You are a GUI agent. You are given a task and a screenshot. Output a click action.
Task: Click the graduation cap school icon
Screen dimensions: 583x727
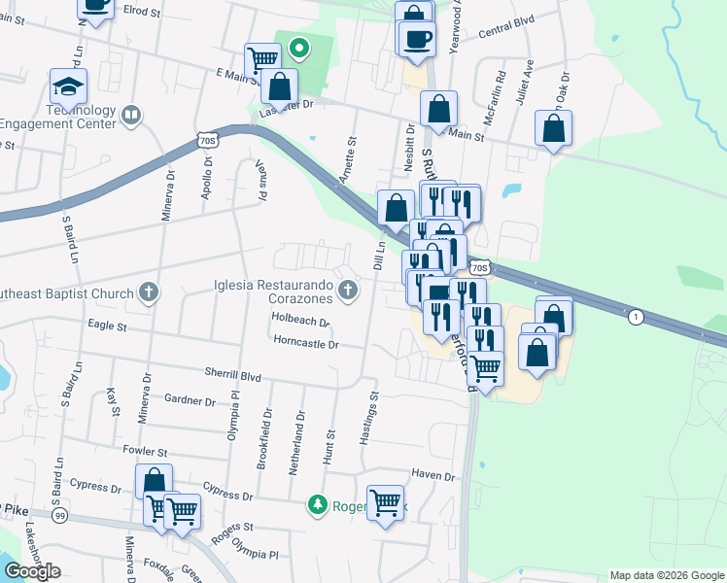69,86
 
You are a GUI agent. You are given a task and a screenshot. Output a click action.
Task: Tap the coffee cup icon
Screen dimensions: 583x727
417,39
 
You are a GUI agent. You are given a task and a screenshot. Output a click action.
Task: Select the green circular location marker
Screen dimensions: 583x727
300,47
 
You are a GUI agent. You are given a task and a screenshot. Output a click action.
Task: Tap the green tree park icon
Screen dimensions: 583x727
317,503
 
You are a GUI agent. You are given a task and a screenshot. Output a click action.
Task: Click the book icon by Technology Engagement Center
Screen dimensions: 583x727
130,117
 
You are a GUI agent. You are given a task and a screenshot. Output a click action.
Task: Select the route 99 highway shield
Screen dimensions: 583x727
61,514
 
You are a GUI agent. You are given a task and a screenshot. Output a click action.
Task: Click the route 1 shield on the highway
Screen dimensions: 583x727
636,317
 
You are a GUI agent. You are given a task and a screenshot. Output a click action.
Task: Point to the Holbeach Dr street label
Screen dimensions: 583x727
301,320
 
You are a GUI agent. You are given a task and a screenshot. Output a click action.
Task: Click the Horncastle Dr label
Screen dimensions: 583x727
305,343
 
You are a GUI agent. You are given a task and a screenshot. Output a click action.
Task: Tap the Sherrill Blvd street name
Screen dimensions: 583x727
233,373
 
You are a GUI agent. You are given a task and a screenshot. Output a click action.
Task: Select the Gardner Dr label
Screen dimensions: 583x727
190,399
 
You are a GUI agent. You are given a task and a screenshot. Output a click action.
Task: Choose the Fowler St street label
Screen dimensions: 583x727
146,452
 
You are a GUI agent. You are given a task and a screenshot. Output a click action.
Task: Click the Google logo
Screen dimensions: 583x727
32,570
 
